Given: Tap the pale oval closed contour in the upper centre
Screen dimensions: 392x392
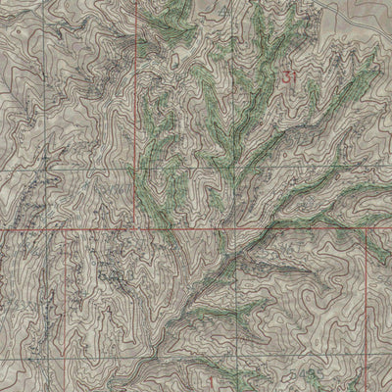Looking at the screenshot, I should [175, 59].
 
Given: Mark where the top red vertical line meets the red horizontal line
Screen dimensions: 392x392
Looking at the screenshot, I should [133, 231].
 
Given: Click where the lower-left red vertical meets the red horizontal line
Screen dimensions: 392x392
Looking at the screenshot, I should [67, 231].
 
